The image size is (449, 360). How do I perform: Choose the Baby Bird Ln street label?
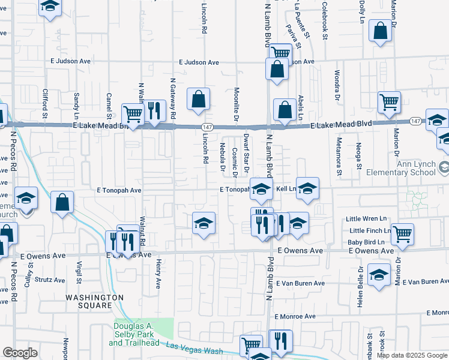point(366,242)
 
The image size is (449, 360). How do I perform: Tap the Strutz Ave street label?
point(50,280)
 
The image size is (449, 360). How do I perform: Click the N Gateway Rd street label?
point(173,97)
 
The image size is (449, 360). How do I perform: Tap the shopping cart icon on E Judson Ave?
point(280,52)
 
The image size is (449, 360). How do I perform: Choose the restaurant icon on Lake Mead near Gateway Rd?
point(154,110)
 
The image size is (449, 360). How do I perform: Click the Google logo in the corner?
point(20,353)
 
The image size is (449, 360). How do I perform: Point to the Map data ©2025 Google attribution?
point(411,355)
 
